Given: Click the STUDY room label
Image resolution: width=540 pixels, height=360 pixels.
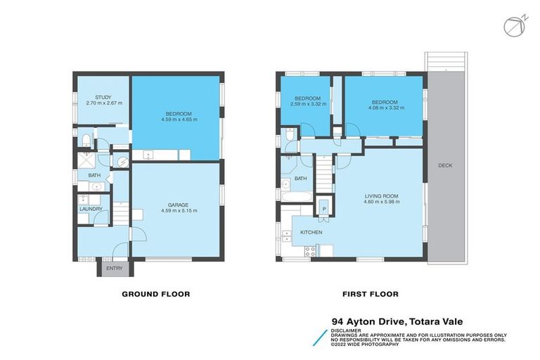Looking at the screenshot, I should pos(103,97).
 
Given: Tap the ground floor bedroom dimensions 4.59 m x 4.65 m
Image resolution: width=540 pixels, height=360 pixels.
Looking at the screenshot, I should pos(176,120).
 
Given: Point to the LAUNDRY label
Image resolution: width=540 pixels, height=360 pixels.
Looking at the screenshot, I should pos(91,209).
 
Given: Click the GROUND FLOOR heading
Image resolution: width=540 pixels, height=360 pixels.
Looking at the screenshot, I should pos(155,294).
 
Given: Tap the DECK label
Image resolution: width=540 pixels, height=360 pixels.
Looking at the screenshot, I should pos(445,166).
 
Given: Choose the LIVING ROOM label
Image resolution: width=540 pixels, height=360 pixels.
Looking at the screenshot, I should pos(381,195).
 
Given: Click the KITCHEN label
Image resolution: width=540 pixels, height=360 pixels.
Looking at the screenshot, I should pos(311,232).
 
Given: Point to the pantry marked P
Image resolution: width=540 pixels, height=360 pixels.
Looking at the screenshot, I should pos(324,209).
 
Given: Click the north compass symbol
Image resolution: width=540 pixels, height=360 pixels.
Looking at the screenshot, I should pos(513,25).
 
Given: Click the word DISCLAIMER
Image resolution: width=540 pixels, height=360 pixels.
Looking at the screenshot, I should pos(347,329).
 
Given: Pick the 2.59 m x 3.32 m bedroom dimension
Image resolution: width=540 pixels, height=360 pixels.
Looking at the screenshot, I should pos(307,104).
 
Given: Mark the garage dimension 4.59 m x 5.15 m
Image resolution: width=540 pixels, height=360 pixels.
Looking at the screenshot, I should pos(176,210).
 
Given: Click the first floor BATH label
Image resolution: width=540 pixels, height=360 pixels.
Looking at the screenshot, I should pos(300,179).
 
